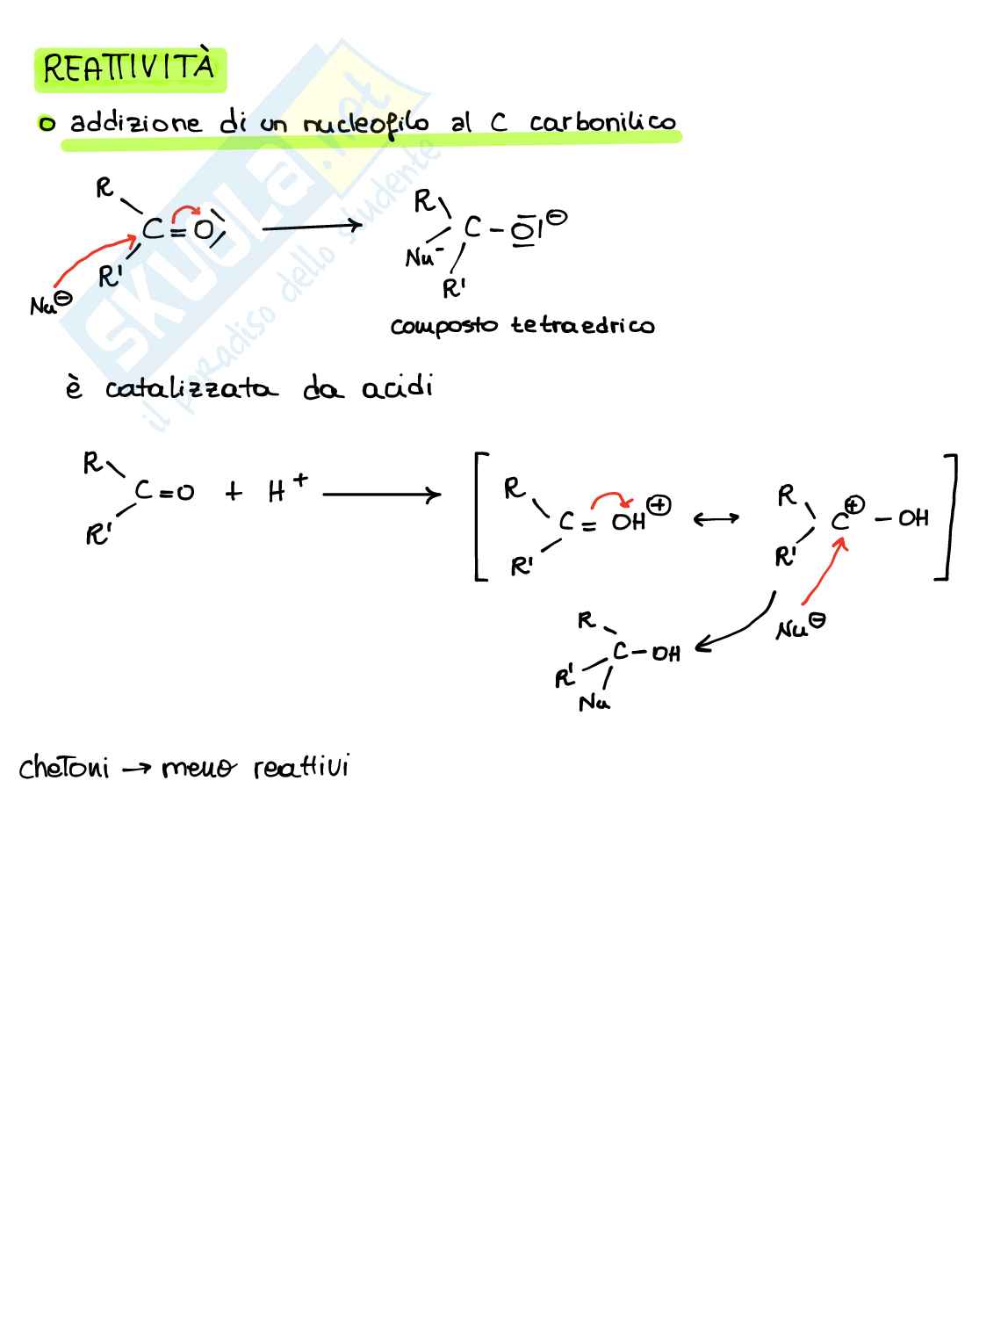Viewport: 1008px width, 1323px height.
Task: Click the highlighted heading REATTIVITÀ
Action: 129,69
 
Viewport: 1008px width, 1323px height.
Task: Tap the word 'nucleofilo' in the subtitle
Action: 365,124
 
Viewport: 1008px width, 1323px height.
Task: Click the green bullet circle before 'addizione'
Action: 46,125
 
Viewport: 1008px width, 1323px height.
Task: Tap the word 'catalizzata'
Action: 191,388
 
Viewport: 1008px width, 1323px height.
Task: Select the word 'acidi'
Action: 398,387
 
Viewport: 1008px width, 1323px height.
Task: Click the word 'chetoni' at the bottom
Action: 64,768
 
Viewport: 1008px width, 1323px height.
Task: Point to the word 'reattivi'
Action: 301,768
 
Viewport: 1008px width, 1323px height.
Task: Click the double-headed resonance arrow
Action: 716,520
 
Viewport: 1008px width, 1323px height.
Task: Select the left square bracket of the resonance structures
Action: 480,517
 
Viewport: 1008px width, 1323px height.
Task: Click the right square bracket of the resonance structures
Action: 948,517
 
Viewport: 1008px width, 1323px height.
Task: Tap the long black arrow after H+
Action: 381,495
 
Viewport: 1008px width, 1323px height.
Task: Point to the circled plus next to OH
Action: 659,505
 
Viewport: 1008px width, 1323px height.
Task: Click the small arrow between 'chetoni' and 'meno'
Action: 136,770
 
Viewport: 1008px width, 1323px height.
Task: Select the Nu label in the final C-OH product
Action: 594,703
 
